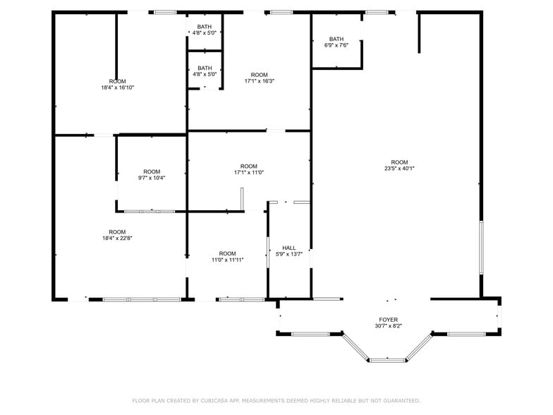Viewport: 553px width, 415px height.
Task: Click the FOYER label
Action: pyautogui.click(x=389, y=320)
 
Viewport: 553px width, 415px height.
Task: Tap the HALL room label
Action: pyautogui.click(x=289, y=248)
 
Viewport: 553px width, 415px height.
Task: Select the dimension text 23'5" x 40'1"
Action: pyautogui.click(x=399, y=169)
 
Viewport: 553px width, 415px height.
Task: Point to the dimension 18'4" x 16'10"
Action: pyautogui.click(x=117, y=88)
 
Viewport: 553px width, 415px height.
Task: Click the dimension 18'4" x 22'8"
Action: pyautogui.click(x=117, y=239)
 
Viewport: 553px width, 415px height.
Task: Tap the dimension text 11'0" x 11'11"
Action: pyautogui.click(x=227, y=260)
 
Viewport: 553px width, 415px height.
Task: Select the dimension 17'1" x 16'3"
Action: pyautogui.click(x=260, y=81)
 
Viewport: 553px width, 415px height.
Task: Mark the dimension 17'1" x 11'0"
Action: pyautogui.click(x=249, y=172)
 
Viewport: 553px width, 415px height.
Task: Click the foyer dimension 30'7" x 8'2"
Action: pyautogui.click(x=389, y=327)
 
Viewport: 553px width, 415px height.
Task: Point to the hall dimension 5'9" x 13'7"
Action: pyautogui.click(x=289, y=254)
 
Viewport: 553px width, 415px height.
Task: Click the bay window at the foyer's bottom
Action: pyautogui.click(x=387, y=361)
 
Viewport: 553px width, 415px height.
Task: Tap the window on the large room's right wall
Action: pyautogui.click(x=482, y=248)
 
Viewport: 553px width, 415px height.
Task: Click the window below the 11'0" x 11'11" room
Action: pyautogui.click(x=241, y=299)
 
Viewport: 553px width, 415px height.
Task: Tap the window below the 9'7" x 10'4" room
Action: pyautogui.click(x=150, y=211)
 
